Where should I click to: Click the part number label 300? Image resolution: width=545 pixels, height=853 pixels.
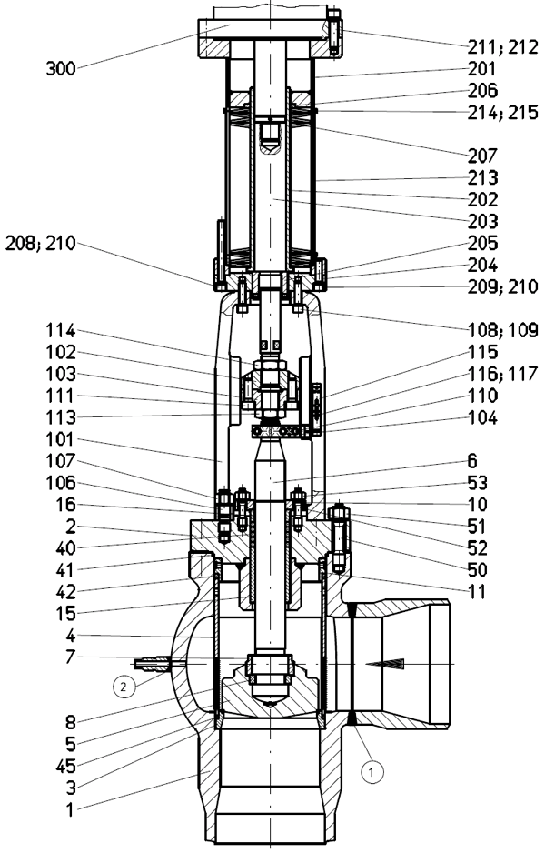click(60, 69)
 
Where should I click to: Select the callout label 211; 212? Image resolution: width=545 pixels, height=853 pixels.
click(502, 47)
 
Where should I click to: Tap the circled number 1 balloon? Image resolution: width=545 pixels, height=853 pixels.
click(372, 771)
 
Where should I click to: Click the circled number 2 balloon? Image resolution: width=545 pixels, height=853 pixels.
click(124, 687)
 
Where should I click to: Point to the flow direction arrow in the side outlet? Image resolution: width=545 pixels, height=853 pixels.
click(385, 664)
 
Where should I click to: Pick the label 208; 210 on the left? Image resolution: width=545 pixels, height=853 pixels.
click(40, 243)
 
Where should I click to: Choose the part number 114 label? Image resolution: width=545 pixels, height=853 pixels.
click(60, 331)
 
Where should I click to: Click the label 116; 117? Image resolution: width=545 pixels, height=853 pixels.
click(502, 374)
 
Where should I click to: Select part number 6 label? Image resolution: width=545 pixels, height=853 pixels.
click(472, 461)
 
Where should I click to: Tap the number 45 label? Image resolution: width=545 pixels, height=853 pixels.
click(65, 766)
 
